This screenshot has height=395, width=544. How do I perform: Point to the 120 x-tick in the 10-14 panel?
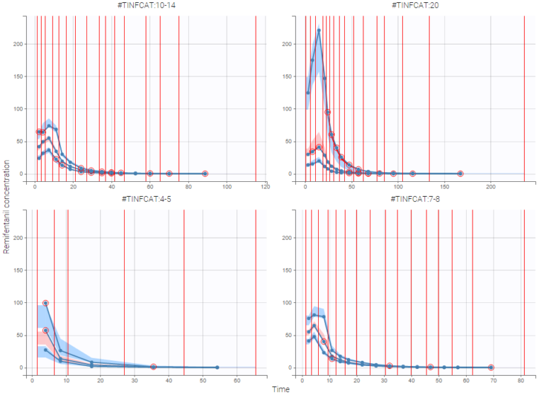coord(265,186)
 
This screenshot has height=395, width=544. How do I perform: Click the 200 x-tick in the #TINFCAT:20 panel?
coord(491,186)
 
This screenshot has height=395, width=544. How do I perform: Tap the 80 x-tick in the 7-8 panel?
coord(522,380)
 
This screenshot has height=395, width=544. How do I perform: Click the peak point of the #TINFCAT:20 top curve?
coord(319,30)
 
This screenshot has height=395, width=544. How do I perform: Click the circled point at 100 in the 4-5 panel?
coord(46,303)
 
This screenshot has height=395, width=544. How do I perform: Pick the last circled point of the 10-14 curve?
coord(205,173)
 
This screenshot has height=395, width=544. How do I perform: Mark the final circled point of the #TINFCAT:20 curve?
coord(460,173)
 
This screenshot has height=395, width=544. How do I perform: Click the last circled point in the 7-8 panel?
coord(491,367)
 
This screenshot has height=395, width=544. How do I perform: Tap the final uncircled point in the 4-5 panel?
coord(217,367)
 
